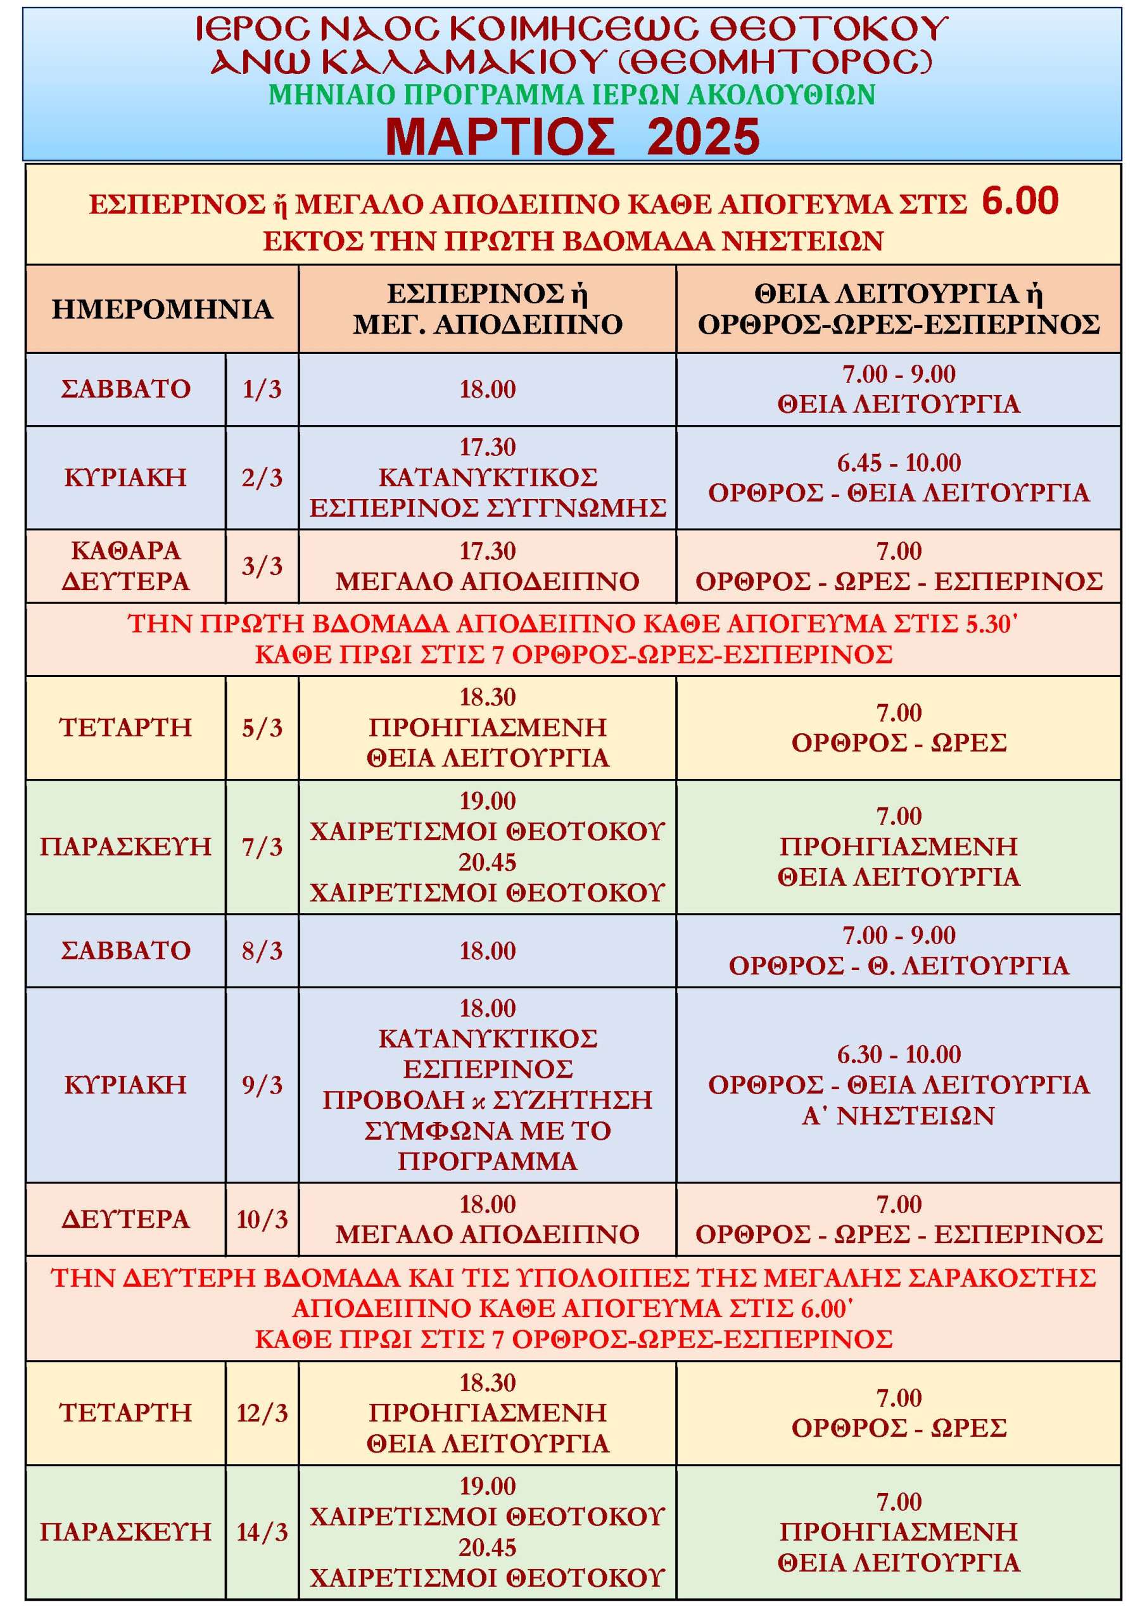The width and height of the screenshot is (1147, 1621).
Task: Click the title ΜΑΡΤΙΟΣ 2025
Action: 572,136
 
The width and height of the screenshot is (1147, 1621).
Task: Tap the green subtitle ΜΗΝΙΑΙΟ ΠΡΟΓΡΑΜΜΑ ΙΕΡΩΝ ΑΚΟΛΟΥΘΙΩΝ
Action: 572,94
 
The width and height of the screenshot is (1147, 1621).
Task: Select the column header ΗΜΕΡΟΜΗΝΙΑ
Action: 162,309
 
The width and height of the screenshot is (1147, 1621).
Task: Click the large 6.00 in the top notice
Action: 1020,201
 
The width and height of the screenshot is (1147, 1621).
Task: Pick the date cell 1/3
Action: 262,389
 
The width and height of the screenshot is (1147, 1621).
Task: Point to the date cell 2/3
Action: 262,478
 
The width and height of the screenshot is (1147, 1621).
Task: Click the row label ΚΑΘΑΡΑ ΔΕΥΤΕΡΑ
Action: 125,565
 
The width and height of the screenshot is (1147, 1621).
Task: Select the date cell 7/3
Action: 262,847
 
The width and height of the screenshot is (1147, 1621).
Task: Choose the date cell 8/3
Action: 262,950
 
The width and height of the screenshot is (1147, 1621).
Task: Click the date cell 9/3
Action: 262,1085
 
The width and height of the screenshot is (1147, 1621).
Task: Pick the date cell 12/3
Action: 262,1412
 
